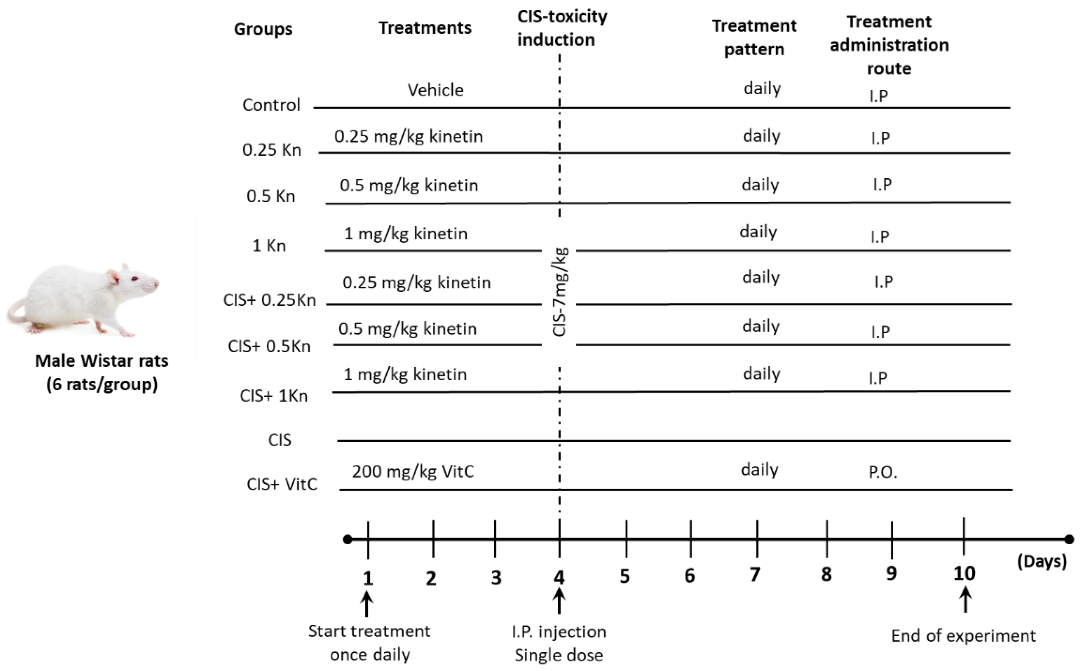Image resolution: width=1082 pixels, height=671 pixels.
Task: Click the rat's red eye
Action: [x=134, y=279]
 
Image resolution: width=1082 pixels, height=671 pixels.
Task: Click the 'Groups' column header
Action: [x=263, y=29]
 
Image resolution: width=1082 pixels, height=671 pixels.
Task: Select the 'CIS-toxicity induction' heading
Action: [x=562, y=28]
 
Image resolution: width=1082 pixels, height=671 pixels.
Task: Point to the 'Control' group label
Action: [x=271, y=105]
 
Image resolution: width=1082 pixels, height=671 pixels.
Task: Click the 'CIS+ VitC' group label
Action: [x=282, y=484]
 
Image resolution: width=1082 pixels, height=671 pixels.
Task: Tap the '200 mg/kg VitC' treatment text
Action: [x=413, y=471]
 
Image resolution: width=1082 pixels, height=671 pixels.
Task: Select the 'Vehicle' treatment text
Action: [x=435, y=90]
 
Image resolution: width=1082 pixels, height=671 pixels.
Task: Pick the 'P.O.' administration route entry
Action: [x=883, y=472]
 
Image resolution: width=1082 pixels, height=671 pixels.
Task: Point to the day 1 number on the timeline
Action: [x=368, y=578]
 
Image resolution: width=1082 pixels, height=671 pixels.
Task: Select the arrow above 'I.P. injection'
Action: [x=559, y=601]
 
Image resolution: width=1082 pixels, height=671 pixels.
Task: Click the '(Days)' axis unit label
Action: [x=1041, y=561]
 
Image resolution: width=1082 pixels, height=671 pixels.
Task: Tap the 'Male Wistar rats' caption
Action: [x=102, y=361]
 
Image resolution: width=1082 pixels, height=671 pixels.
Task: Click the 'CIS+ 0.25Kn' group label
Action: [x=269, y=300]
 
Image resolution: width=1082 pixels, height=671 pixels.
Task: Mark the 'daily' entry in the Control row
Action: [x=762, y=88]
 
